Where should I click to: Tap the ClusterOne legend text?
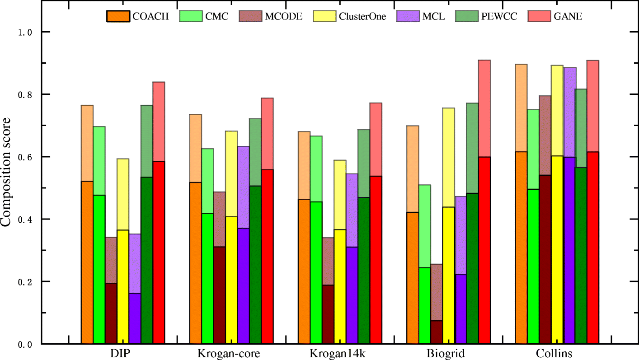[363, 17]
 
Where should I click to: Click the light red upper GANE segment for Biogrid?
[484, 108]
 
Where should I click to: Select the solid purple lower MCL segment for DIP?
[135, 318]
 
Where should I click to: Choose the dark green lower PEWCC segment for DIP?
[147, 260]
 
